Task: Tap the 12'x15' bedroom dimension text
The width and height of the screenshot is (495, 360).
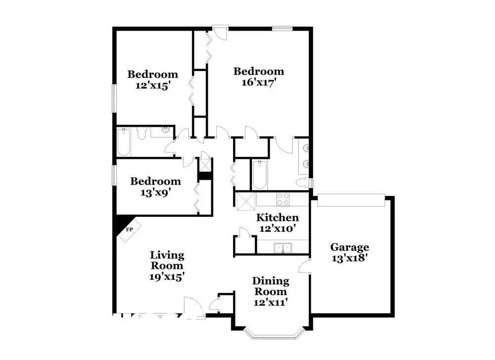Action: [153, 85]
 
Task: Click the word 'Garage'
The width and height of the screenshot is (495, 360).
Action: [350, 247]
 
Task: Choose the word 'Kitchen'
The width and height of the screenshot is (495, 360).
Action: [277, 218]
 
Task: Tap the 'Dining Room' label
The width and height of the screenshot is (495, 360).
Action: [270, 286]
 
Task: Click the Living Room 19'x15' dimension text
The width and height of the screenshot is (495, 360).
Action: [167, 277]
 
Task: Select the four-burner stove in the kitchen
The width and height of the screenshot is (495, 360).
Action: [283, 199]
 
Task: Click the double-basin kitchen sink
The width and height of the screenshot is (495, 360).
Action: [283, 247]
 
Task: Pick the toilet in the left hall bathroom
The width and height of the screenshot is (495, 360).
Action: [142, 133]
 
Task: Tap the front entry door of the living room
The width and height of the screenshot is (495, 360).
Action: [194, 307]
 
